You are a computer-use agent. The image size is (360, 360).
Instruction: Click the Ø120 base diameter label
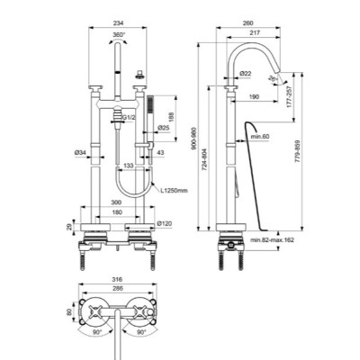point(164,222)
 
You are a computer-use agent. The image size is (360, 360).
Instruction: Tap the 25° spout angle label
point(286,78)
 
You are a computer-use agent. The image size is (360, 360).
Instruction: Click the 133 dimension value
point(129,165)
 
